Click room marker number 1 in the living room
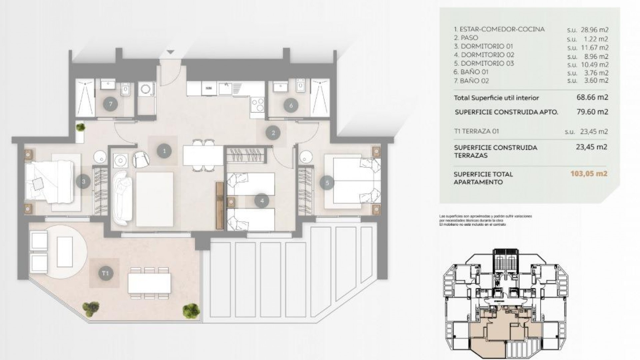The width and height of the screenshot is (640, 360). (x=164, y=151)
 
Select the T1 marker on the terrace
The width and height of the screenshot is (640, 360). (x=105, y=273)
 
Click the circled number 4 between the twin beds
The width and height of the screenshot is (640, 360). (x=262, y=201)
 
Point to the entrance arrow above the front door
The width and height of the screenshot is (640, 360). (x=170, y=52)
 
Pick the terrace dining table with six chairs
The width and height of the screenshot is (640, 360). (x=149, y=283)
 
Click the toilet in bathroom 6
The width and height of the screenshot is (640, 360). (x=301, y=87)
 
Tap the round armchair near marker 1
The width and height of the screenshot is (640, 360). (x=141, y=159)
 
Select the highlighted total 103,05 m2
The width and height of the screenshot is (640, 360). (x=589, y=174)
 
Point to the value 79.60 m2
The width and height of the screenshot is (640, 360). (x=592, y=112)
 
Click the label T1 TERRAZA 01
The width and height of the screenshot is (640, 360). (x=476, y=131)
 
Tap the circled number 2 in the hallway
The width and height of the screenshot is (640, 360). (x=273, y=133)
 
